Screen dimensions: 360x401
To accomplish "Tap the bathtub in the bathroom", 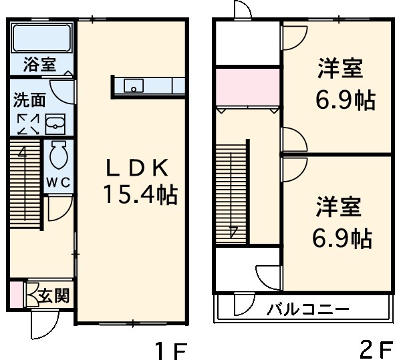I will (x=41, y=39).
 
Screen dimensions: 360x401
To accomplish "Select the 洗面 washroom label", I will (x=30, y=100).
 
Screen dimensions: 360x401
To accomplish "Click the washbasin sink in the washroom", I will (x=55, y=124).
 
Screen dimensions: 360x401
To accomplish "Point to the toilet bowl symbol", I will (x=56, y=156).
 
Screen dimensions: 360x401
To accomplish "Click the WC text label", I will (x=58, y=182).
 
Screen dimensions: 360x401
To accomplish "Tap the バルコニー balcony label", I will (x=308, y=310).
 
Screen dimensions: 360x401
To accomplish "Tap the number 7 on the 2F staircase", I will (x=233, y=234).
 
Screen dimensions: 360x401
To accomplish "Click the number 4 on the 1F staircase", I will (x=22, y=151).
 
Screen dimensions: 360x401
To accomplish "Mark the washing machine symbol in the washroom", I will (x=28, y=124).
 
